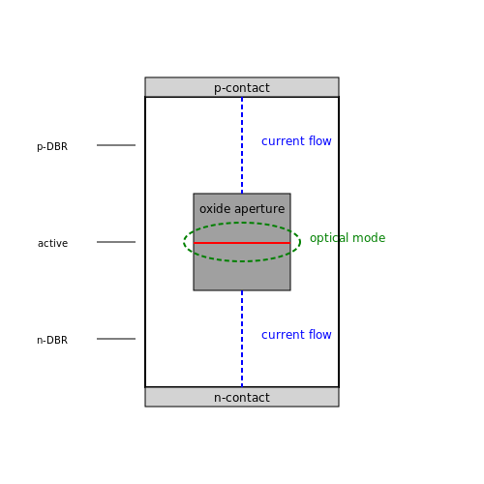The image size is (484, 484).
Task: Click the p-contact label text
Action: (242, 88)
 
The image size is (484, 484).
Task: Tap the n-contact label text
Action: (242, 398)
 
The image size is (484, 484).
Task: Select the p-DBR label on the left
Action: (52, 146)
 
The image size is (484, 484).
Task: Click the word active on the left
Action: (52, 243)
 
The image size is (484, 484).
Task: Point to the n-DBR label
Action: (52, 340)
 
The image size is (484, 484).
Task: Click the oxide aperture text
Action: (242, 209)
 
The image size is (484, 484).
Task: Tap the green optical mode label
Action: (348, 238)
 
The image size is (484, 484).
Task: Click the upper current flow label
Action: (296, 141)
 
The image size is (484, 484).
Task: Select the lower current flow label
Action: (296, 335)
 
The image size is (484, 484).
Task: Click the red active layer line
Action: (242, 243)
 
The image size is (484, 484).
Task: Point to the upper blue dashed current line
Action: (242, 145)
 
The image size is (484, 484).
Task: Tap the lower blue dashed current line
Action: (242, 339)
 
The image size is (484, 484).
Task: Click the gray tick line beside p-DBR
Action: (116, 145)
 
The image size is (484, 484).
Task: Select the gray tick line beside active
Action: (116, 242)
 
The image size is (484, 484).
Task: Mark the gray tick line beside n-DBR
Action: (116, 339)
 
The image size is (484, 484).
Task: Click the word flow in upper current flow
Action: (319, 141)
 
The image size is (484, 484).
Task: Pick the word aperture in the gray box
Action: (259, 209)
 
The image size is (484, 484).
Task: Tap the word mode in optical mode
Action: (369, 238)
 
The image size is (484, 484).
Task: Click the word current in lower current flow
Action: (283, 335)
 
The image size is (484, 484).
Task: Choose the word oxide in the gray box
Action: (215, 209)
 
